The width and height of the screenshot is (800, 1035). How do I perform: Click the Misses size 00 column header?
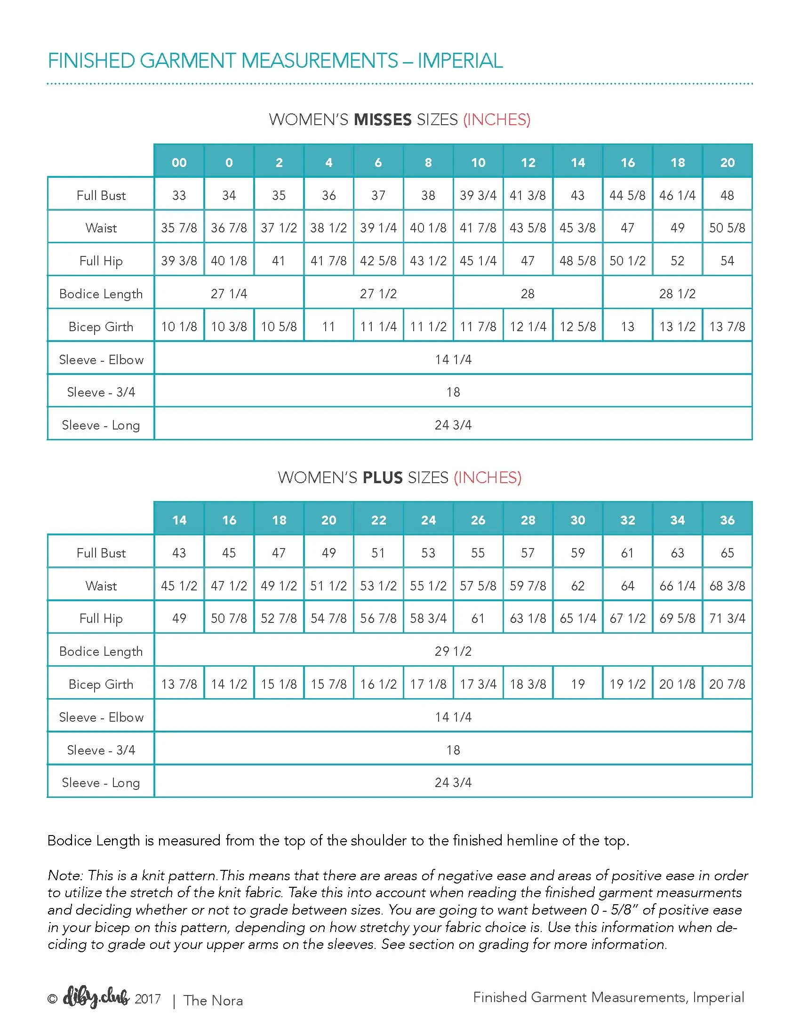click(x=179, y=163)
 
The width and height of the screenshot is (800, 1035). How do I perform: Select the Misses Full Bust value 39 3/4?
click(x=478, y=195)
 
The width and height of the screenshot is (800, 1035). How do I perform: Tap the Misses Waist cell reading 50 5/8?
click(x=727, y=228)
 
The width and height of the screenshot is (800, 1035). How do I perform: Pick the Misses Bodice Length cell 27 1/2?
click(x=378, y=294)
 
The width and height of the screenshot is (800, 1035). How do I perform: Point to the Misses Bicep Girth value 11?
click(x=328, y=326)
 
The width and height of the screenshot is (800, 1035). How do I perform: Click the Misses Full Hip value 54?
click(x=727, y=261)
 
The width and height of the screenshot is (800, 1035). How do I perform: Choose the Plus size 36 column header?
click(x=727, y=520)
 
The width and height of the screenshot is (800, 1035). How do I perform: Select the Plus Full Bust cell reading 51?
click(x=378, y=553)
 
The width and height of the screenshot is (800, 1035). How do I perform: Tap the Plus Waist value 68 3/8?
click(x=727, y=586)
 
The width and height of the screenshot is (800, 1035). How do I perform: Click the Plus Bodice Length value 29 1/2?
click(x=453, y=651)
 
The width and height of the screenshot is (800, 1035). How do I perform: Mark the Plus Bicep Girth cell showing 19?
click(x=578, y=684)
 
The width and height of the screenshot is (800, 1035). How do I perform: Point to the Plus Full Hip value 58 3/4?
click(x=428, y=619)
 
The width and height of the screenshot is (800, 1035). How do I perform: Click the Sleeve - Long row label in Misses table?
click(x=101, y=425)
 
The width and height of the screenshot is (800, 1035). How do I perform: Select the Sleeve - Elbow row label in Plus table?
click(x=101, y=717)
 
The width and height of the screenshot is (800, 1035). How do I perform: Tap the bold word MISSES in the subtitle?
click(x=383, y=119)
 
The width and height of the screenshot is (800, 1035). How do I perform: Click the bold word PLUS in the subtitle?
click(x=383, y=477)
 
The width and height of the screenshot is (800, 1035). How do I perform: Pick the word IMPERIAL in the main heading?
click(x=460, y=61)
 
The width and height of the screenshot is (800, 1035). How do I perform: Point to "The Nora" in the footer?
click(x=213, y=1000)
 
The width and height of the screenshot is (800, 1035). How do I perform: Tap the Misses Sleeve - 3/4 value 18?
click(x=453, y=392)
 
